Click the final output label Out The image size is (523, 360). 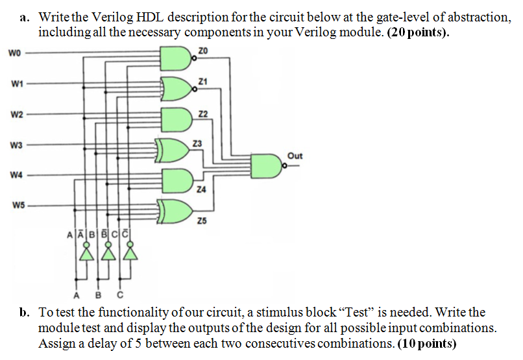click(x=295, y=156)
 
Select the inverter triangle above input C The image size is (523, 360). click(x=132, y=254)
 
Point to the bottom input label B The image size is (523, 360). click(x=99, y=291)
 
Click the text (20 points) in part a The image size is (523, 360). click(x=417, y=33)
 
